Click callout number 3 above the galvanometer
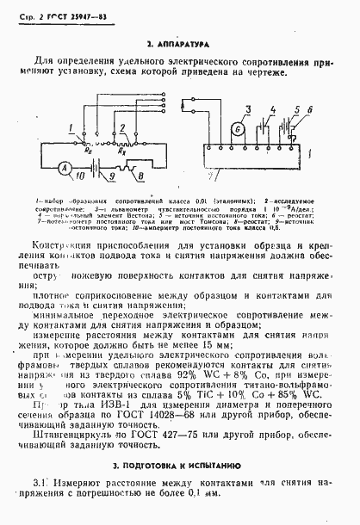pyautogui.click(x=245, y=108)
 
